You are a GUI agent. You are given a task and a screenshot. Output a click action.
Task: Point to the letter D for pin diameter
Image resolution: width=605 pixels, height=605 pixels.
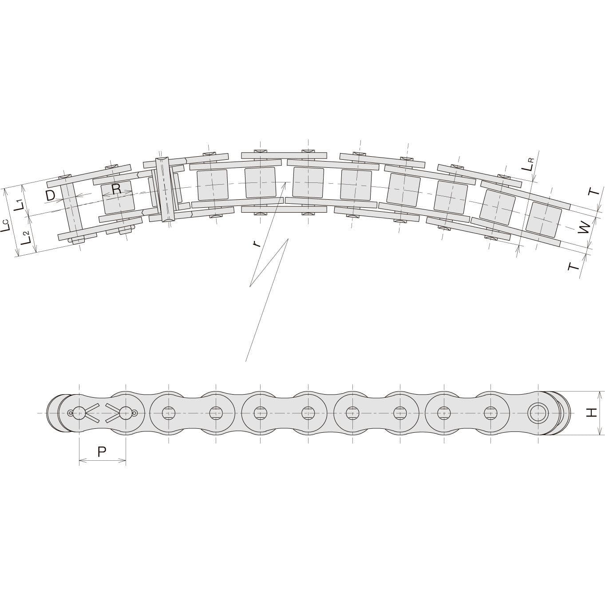(x=50, y=195)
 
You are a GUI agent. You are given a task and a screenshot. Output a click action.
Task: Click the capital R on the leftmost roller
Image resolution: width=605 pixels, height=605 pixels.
(x=116, y=190)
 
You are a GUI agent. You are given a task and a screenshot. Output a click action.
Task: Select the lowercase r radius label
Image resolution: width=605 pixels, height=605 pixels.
(x=255, y=244)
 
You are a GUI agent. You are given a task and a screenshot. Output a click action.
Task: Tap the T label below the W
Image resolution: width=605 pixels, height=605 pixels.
(x=573, y=267)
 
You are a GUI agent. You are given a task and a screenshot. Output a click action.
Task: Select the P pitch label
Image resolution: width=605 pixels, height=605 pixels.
(x=102, y=452)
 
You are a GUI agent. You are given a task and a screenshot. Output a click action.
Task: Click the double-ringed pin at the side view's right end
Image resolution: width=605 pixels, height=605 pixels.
(x=537, y=413)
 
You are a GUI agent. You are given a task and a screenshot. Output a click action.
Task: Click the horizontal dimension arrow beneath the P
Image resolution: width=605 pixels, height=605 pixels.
(x=103, y=462)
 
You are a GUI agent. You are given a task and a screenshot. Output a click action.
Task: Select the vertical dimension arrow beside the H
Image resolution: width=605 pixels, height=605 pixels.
(x=600, y=413)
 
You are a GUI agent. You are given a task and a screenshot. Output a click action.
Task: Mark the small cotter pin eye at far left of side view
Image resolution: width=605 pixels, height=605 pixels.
(x=70, y=413)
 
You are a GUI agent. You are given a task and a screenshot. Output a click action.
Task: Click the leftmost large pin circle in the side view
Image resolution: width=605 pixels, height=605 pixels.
(x=79, y=413)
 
